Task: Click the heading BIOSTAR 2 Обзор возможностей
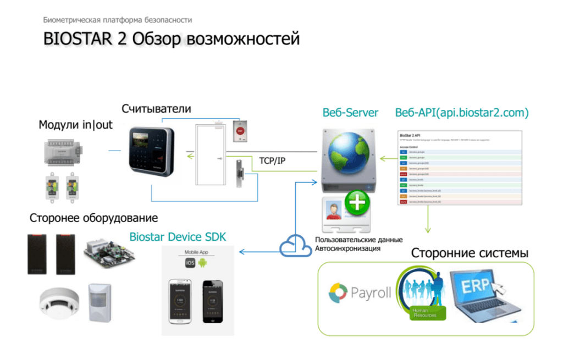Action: pos(172,40)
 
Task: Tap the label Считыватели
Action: pos(156,109)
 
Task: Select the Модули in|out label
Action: pos(75,125)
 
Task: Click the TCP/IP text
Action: pos(273,161)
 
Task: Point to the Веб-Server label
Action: pos(350,113)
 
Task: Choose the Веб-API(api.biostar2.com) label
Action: pos(462,113)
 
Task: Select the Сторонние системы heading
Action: pos(470,253)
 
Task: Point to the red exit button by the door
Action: pos(240,129)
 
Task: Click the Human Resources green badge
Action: pos(424,313)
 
